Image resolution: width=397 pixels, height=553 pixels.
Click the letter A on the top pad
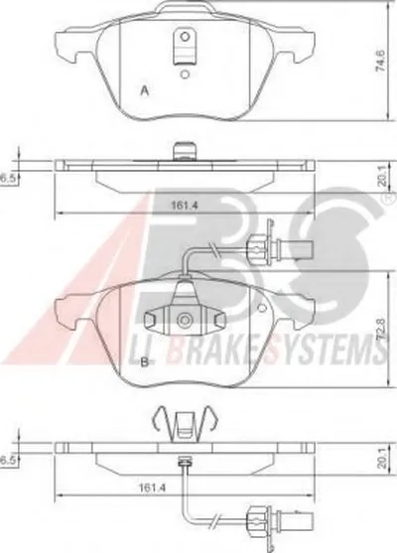(145, 91)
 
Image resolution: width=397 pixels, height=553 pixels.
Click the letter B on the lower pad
(145, 362)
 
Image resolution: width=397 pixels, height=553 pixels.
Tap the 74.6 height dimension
(380, 61)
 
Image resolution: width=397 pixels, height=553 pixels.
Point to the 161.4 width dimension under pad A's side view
(185, 205)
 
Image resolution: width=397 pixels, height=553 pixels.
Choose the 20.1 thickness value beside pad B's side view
(380, 461)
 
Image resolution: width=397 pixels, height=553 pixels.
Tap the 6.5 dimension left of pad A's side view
(6, 179)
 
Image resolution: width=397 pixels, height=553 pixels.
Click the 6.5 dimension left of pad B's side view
(6, 461)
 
